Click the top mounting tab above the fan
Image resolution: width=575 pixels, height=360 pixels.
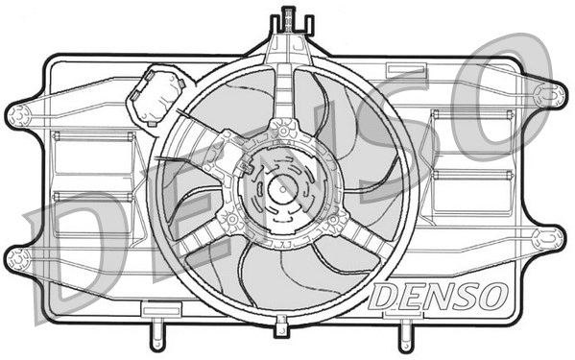tap(285, 20)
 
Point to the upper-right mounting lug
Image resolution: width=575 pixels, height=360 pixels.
tap(551, 93)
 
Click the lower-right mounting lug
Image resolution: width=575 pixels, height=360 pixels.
tap(551, 236)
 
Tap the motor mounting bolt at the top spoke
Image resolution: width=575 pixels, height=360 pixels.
tap(285, 128)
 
